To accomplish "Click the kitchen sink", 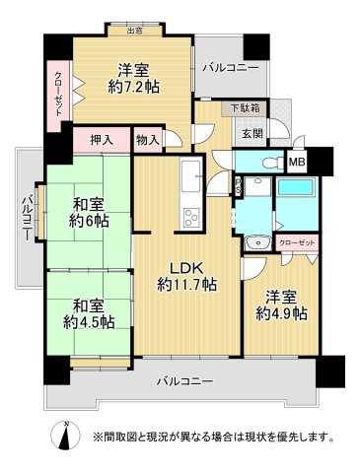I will click(x=188, y=180).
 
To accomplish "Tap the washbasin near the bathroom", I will click(x=254, y=239).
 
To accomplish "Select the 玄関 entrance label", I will click(x=248, y=132).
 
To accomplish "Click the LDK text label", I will click(x=186, y=267).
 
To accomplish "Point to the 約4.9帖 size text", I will click(x=282, y=312).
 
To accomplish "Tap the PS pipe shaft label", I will click(x=237, y=181).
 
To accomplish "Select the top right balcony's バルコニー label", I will click(x=230, y=68).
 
